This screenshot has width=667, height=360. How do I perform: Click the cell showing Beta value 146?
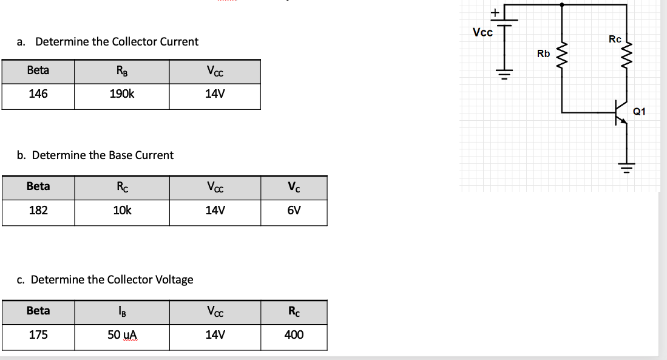(38, 94)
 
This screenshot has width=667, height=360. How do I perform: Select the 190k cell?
(122, 94)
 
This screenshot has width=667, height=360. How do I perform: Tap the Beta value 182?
(38, 211)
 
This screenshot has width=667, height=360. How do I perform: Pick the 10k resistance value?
(122, 211)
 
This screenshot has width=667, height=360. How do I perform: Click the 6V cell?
(294, 211)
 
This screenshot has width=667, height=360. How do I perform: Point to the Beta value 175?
(38, 335)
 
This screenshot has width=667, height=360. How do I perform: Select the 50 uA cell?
(122, 335)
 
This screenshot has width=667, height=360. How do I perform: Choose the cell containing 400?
(294, 335)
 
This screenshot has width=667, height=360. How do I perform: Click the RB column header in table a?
(122, 70)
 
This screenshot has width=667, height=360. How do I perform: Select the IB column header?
(122, 311)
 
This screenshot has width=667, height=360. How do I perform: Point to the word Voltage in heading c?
(174, 279)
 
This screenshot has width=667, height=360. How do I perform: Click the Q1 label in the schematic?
(639, 111)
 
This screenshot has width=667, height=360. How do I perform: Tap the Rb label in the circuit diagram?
(543, 54)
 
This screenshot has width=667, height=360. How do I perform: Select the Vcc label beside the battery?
(482, 32)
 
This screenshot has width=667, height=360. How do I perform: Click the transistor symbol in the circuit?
(620, 113)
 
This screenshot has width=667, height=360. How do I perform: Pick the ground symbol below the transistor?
(627, 165)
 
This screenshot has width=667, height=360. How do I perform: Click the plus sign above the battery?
(495, 12)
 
